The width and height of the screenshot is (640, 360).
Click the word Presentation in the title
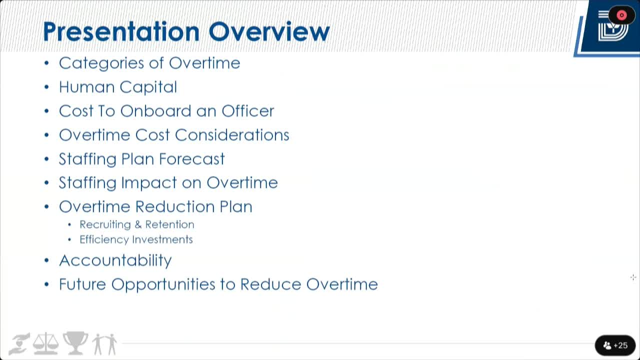(121, 32)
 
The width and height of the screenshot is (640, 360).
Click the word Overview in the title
(269, 32)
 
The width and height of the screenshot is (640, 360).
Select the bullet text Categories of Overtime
(149, 63)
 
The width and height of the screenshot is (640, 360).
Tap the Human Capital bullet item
(118, 87)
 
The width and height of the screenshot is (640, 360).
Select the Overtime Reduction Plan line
(155, 206)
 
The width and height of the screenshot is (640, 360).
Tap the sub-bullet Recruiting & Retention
(137, 224)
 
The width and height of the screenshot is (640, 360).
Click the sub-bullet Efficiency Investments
(136, 239)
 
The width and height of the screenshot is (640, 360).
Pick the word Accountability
(115, 260)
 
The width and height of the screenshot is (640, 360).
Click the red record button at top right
(621, 15)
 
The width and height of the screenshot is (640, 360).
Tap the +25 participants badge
(615, 345)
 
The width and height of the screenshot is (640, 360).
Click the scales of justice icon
(45, 344)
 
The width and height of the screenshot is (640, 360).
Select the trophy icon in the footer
(75, 343)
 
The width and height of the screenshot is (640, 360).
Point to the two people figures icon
(104, 344)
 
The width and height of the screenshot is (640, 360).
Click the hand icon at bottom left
(19, 344)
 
